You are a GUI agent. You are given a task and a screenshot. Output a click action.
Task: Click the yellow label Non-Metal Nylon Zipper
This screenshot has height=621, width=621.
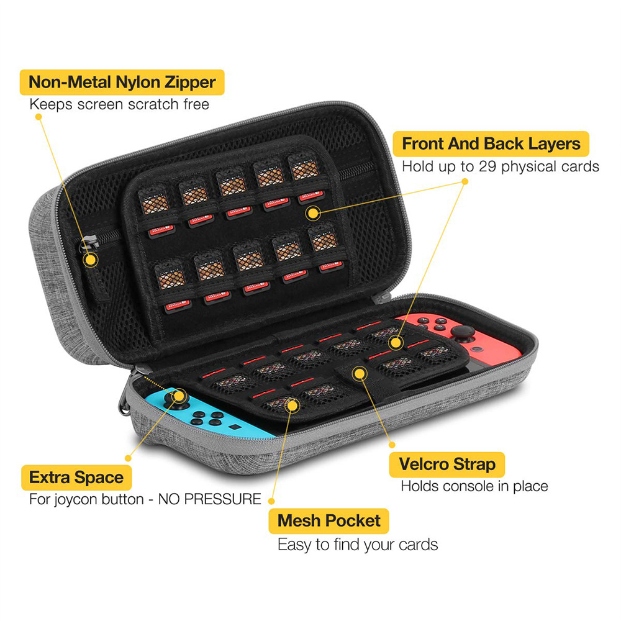tap(122, 82)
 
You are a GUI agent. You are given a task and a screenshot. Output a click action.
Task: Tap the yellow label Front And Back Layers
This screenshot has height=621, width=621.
tap(491, 144)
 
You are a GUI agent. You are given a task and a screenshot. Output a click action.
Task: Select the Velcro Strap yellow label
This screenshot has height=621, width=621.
tap(446, 464)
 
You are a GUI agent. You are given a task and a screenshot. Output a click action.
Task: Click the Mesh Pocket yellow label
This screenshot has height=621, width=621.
tap(329, 520)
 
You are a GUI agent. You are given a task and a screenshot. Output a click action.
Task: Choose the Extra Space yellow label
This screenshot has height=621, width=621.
tap(76, 478)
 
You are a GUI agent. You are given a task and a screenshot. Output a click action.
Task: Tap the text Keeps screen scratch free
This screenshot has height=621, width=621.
tap(119, 104)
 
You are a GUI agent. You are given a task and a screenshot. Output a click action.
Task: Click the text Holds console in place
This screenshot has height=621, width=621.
tap(474, 486)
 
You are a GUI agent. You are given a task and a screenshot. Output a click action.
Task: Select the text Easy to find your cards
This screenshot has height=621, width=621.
tap(358, 545)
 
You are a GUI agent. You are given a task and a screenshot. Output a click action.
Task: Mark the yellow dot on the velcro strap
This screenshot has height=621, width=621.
tap(358, 373)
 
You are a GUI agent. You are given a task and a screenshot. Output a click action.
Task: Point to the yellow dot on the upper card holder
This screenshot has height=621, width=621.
tap(313, 214)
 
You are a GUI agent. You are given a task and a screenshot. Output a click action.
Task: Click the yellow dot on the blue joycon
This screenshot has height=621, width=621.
tap(178, 395)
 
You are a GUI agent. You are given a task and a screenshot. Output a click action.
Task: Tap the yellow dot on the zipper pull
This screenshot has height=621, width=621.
tap(91, 260)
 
